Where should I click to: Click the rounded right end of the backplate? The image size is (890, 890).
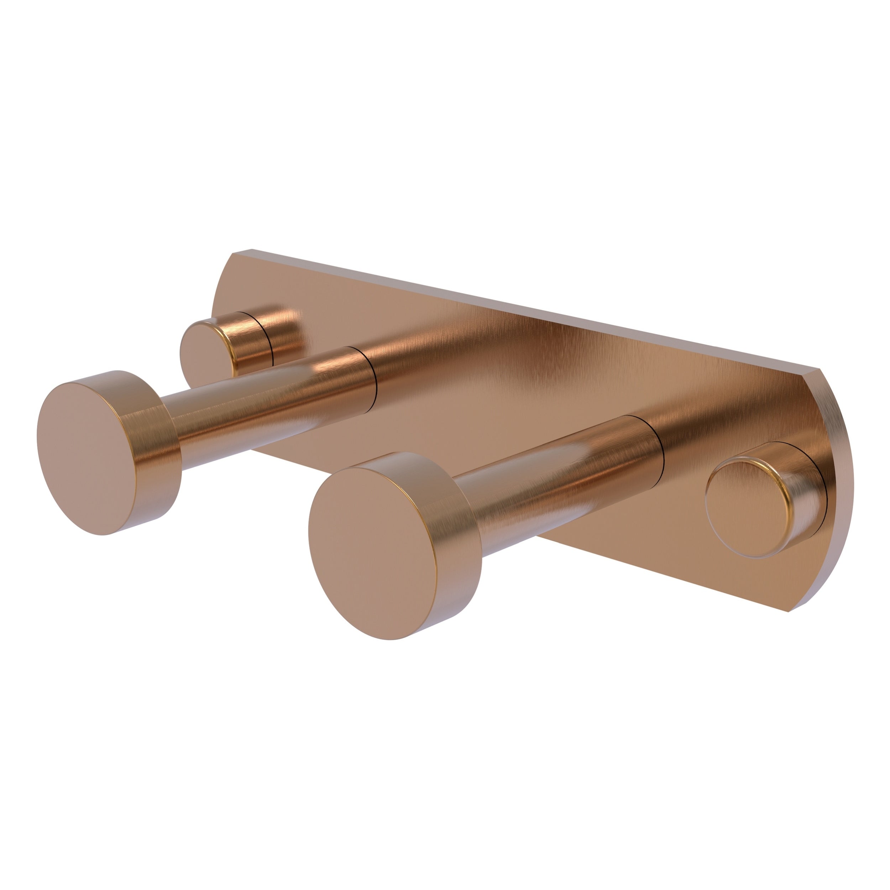click(845, 484)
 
